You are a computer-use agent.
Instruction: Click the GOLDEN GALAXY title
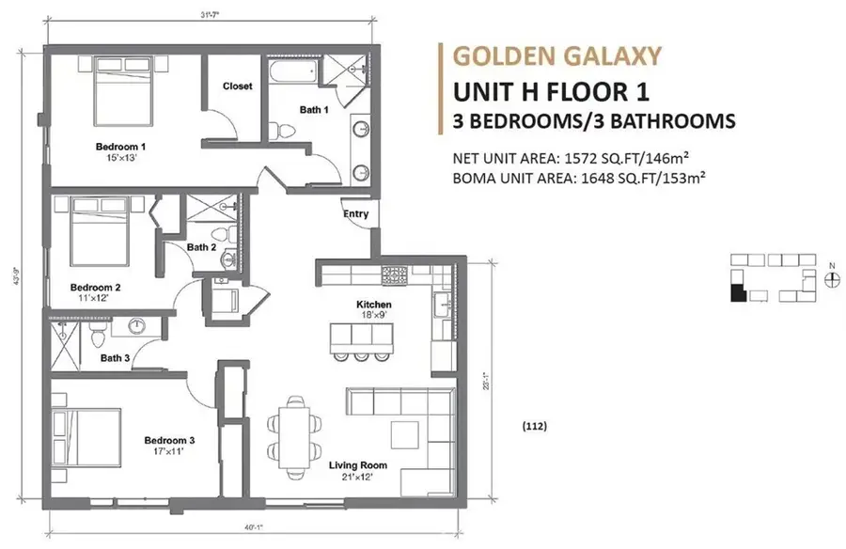(x=556, y=55)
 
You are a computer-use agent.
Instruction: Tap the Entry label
(x=355, y=214)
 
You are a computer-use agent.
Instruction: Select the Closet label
(x=237, y=86)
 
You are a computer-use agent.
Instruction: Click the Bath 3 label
(x=116, y=357)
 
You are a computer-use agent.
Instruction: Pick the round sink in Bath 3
(x=137, y=327)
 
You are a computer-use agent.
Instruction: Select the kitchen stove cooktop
(x=393, y=275)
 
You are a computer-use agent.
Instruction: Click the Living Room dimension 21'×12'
(x=358, y=477)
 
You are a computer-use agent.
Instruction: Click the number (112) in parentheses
(x=534, y=426)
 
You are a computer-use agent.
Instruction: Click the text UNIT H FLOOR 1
(x=550, y=91)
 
